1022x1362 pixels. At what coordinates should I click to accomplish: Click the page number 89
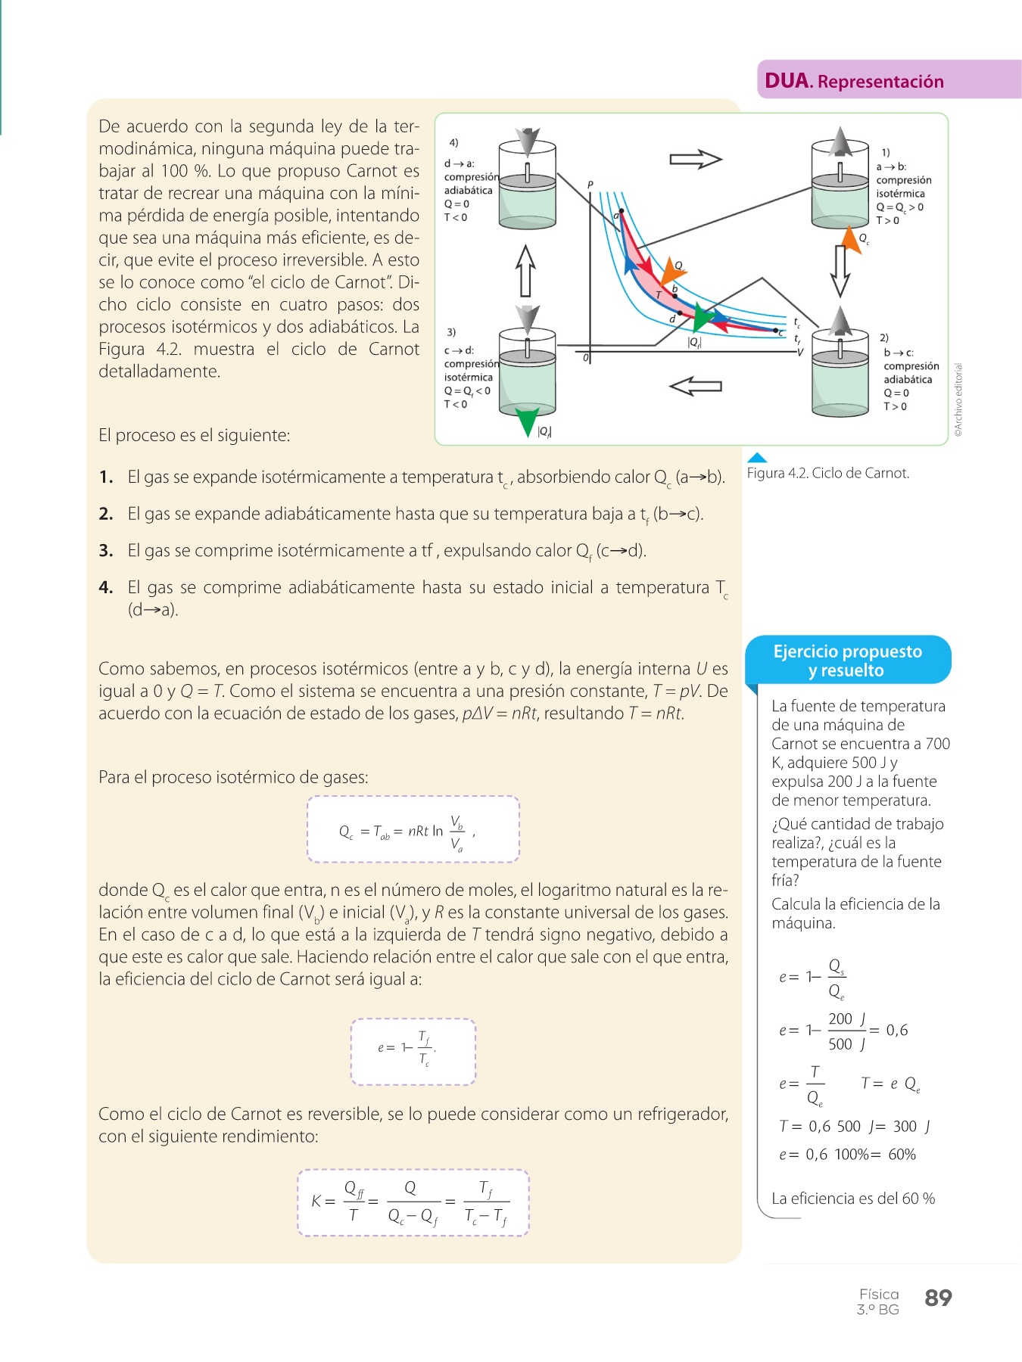tap(938, 1298)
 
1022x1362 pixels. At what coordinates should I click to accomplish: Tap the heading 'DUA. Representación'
tap(854, 81)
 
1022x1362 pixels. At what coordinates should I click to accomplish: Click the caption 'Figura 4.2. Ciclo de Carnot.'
tap(827, 473)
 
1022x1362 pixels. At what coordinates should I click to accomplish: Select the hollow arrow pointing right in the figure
tap(696, 159)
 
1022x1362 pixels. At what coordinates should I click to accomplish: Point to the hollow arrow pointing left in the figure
tap(696, 386)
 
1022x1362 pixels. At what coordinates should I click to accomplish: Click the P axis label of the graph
tap(590, 185)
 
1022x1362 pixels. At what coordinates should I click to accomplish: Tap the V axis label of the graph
tap(799, 353)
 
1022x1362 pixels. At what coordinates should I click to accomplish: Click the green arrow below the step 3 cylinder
tap(527, 421)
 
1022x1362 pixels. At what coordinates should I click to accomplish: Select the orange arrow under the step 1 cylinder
tap(852, 241)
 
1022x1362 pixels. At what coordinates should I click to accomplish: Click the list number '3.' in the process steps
tap(106, 551)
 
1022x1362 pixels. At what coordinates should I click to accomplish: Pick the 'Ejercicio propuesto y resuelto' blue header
tap(847, 661)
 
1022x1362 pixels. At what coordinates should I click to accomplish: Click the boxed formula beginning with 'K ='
tap(413, 1202)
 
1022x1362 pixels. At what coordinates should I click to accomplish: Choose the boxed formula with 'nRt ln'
tap(413, 829)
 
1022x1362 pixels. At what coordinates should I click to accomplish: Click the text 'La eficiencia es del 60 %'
tap(852, 1199)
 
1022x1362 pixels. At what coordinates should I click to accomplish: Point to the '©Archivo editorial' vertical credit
tap(958, 400)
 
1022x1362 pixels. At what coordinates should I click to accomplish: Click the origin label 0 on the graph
tap(585, 357)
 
